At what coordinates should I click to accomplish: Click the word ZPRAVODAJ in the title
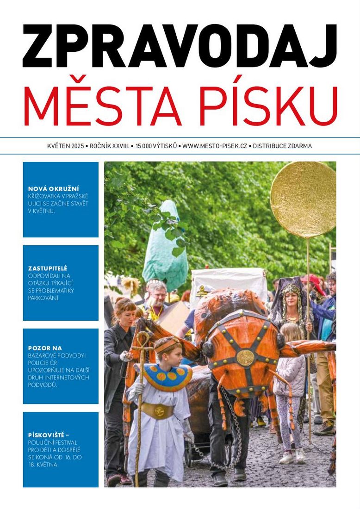coord(180,46)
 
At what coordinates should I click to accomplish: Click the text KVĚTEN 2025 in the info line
coord(65,146)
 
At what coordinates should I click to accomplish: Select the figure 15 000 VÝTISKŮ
coord(156,146)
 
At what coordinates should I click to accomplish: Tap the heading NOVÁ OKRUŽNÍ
coord(54,189)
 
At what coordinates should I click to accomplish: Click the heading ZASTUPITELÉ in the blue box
coord(48,268)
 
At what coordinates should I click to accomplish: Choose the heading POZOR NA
coord(45,348)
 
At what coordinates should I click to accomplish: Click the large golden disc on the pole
coord(303,199)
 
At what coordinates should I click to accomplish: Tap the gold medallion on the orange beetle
coord(245,357)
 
